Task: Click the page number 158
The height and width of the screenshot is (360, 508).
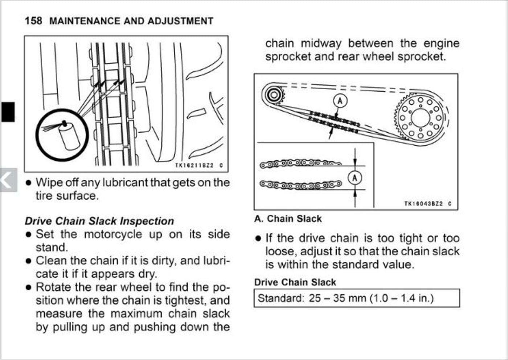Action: tap(33, 21)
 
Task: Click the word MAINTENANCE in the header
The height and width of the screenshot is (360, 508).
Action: tap(85, 21)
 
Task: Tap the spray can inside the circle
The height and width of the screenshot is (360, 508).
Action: tap(69, 136)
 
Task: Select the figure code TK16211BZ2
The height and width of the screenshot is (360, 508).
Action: tap(194, 166)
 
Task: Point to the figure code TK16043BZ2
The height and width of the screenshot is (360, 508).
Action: tap(424, 204)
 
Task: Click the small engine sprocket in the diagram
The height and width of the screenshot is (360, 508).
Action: tap(274, 95)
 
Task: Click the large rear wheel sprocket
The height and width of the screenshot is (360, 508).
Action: tap(420, 118)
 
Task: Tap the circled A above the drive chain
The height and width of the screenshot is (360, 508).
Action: tap(340, 100)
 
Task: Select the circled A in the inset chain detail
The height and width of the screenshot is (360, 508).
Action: tap(355, 178)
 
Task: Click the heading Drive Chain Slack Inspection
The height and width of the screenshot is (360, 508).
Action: tap(99, 221)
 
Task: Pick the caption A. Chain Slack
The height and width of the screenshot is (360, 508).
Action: tap(288, 219)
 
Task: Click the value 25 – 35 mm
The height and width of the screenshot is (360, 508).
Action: tap(337, 298)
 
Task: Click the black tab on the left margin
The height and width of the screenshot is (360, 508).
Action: tap(8, 112)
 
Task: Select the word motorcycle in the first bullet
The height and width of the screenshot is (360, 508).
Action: tap(113, 234)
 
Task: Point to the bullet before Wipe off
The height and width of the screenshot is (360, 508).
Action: tap(28, 183)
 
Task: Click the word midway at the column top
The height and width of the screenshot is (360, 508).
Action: tap(321, 44)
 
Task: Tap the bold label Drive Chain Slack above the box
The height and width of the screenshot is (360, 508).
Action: tap(295, 282)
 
